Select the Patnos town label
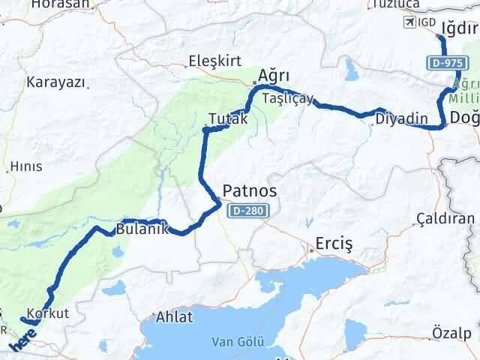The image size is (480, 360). (x=250, y=191)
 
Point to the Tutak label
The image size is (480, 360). (x=228, y=118)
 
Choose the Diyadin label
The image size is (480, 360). (x=401, y=118)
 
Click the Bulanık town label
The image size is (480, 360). (x=141, y=229)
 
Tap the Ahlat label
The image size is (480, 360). (x=174, y=317)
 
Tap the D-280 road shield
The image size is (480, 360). (x=247, y=211)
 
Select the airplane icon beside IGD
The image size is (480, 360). (x=410, y=22)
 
